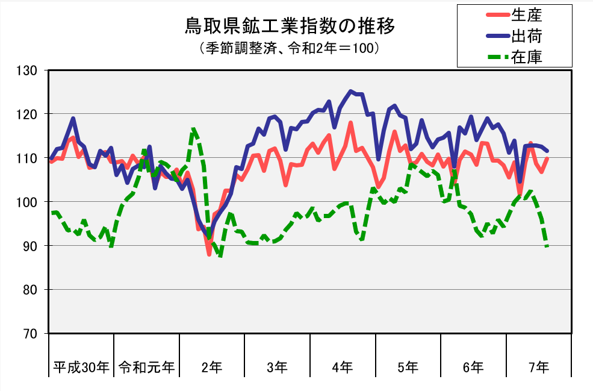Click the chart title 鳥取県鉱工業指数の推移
(290, 27)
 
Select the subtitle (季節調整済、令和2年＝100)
(290, 48)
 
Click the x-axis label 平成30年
(81, 366)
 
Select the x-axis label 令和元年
(146, 366)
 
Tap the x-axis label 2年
(212, 366)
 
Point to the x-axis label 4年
(343, 366)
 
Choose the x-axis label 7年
(539, 366)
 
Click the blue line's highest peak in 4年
(350, 92)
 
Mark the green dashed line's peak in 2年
(193, 128)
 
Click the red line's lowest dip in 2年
(210, 254)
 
